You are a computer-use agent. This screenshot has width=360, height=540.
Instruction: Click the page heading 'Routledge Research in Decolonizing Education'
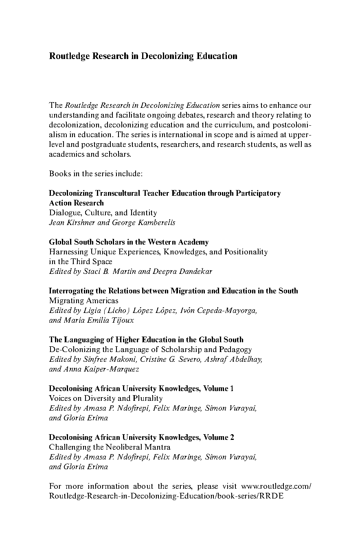pos(143,56)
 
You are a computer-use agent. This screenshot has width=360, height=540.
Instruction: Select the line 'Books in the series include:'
pos(95,174)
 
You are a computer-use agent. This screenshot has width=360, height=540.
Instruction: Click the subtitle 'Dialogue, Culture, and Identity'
pos(103,213)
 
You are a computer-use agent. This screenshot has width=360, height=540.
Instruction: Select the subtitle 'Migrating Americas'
pos(83,301)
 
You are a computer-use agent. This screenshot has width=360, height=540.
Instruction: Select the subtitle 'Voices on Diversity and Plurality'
pos(105,398)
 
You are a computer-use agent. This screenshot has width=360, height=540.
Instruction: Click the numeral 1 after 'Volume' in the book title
pos(232,389)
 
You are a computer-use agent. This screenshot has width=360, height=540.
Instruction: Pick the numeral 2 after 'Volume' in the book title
pos(232,437)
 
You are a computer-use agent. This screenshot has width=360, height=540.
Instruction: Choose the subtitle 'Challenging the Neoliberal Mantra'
pos(110,447)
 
